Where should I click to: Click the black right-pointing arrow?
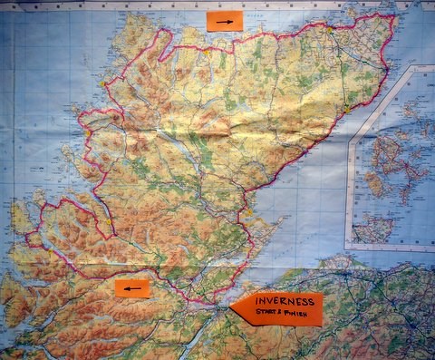pyautogui.click(x=224, y=21)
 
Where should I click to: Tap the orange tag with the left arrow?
pyautogui.click(x=132, y=289)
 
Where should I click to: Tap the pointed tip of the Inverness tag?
pyautogui.click(x=232, y=308)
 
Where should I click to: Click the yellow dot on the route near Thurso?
pyautogui.click(x=330, y=29)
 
